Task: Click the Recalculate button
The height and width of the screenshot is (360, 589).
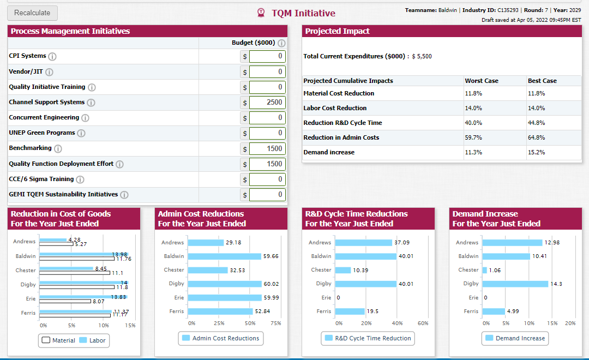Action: click(x=32, y=13)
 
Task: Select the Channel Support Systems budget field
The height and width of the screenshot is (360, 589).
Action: click(x=267, y=102)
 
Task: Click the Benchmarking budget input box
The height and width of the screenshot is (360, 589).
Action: click(x=267, y=148)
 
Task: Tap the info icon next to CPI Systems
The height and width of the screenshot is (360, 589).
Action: click(x=52, y=56)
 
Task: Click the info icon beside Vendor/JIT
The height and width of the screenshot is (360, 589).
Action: click(x=49, y=72)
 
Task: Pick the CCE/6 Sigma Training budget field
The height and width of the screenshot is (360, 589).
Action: click(x=267, y=179)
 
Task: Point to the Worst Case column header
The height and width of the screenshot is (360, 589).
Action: click(x=482, y=81)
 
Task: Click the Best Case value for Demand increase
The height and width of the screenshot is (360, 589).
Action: click(x=537, y=152)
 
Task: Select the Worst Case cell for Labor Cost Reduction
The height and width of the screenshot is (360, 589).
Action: click(x=473, y=108)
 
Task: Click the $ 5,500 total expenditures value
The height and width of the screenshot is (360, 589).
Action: click(x=422, y=56)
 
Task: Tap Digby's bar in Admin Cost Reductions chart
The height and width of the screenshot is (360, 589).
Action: click(x=225, y=284)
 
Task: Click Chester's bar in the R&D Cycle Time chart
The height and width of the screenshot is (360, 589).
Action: click(x=343, y=270)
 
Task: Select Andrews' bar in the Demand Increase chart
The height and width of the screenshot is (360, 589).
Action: click(x=512, y=243)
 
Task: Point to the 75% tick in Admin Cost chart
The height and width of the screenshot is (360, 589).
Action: click(x=276, y=323)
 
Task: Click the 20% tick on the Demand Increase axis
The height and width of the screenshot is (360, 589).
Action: click(x=570, y=323)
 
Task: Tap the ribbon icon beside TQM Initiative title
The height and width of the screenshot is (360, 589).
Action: click(x=261, y=13)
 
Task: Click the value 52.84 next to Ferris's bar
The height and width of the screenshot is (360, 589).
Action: click(x=262, y=311)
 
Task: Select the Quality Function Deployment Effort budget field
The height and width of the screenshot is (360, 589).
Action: click(x=267, y=164)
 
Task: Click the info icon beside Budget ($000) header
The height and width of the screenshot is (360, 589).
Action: click(x=281, y=43)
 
